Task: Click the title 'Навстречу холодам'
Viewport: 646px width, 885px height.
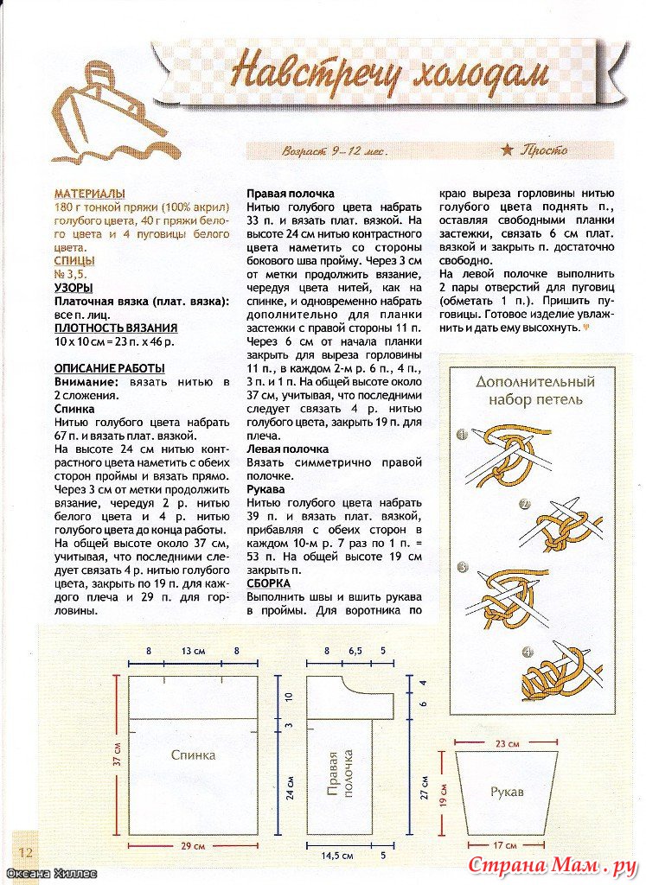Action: [391, 73]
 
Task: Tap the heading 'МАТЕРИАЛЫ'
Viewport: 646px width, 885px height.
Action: [89, 194]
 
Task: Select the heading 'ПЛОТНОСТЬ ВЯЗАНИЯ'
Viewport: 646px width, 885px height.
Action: [116, 328]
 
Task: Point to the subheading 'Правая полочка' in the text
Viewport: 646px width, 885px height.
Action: [291, 194]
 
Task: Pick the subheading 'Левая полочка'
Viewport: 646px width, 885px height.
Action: [288, 449]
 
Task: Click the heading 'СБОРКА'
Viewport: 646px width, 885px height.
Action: [268, 583]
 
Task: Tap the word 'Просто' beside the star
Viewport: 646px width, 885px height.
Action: [544, 150]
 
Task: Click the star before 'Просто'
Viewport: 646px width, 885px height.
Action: [507, 150]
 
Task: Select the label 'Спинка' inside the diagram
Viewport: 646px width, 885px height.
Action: [193, 754]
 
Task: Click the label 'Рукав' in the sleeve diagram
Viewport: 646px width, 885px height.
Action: [506, 792]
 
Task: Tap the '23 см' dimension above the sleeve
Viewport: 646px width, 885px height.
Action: [508, 744]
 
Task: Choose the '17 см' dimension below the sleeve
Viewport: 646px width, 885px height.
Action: [507, 844]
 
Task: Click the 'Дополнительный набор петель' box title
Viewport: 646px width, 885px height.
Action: [535, 390]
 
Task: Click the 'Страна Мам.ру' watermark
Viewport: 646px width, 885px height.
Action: [553, 865]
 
